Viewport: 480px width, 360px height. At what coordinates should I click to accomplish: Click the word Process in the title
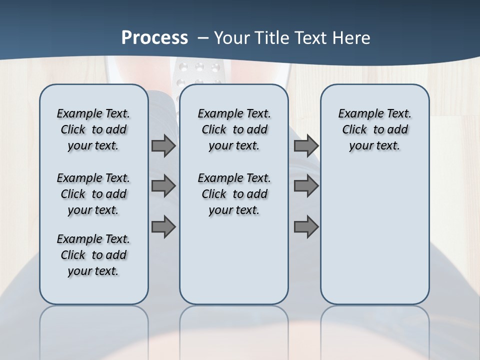click(154, 37)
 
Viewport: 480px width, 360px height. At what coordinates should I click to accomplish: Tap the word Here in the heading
click(352, 38)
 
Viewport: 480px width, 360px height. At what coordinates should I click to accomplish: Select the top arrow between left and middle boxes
click(163, 146)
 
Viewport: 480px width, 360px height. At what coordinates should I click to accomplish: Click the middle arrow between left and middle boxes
click(163, 186)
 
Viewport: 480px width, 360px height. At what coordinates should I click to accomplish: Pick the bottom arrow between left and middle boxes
click(163, 227)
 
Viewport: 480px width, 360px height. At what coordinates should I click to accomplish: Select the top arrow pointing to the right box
click(306, 146)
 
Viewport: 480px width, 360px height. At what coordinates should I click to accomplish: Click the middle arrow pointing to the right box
click(306, 186)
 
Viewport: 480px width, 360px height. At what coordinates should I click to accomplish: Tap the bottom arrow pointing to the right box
click(306, 227)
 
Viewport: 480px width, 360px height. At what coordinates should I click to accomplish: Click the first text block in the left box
click(93, 129)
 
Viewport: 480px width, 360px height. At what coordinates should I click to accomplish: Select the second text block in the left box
click(93, 194)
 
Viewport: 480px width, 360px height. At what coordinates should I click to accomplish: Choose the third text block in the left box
click(93, 255)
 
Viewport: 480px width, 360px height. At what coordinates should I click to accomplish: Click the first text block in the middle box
click(234, 129)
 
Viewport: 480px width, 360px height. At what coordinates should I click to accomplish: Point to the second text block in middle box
click(234, 194)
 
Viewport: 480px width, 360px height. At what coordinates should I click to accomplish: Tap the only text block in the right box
click(375, 129)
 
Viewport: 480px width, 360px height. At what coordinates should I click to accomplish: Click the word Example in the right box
click(358, 114)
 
